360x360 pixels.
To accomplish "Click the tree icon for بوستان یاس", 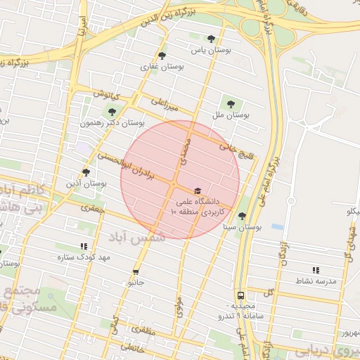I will coord(211,39).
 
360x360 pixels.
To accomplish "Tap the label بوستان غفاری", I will coord(167,67).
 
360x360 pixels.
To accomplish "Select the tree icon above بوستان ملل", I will coord(231,101).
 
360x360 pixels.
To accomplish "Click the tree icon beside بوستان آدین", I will coord(86,172).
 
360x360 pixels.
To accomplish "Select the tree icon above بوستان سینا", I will coord(242,216).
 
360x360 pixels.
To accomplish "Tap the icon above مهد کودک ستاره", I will coord(84,246).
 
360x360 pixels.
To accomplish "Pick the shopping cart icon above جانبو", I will coord(135,271).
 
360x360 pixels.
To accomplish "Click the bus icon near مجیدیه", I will coord(240,296).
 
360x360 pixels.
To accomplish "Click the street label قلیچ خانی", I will coord(235,148).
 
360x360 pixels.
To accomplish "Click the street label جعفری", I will coord(91,208).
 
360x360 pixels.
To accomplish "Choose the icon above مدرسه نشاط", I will coord(315,269).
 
